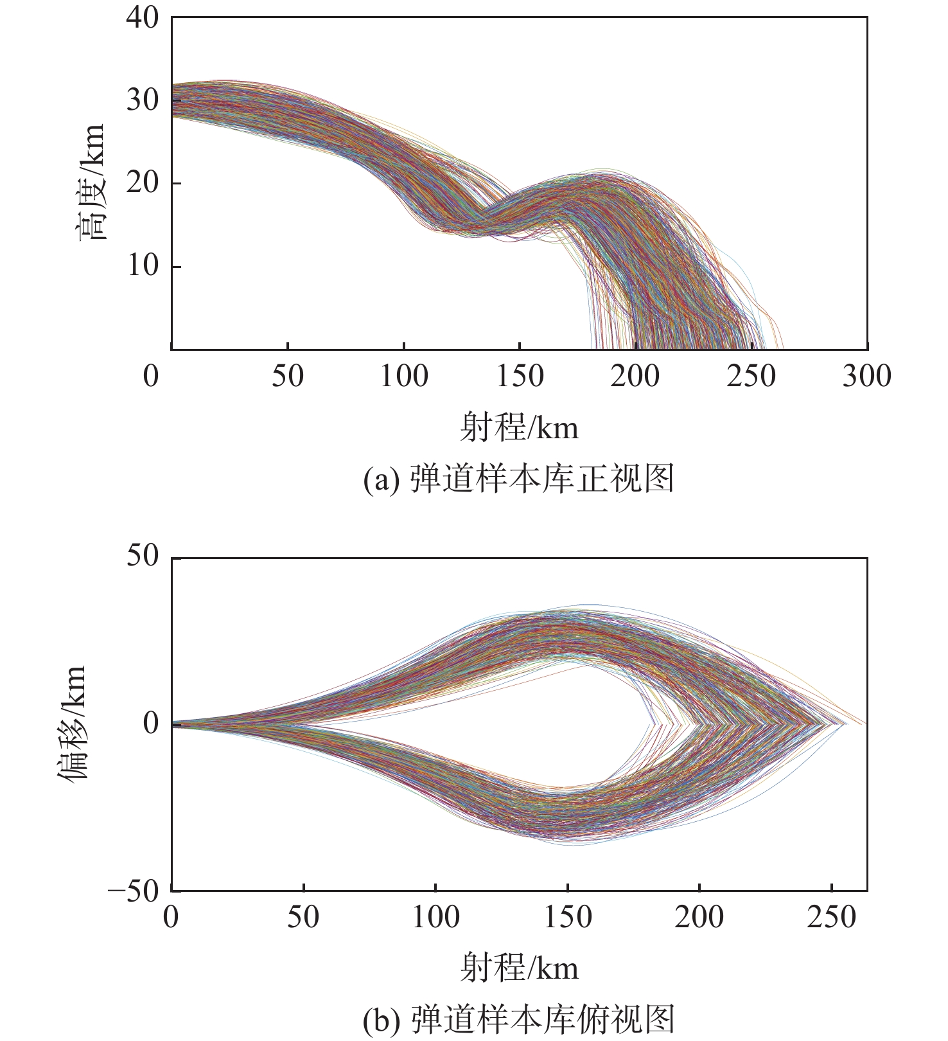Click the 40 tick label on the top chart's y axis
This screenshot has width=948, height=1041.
point(142,18)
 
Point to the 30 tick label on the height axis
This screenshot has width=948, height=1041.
point(142,100)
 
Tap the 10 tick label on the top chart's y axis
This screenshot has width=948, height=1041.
point(142,265)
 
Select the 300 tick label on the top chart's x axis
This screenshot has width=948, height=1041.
point(866,377)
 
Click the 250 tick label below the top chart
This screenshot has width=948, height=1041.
point(751,377)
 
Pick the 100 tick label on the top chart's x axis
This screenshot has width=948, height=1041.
point(403,377)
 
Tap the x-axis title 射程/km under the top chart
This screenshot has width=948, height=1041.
point(519,427)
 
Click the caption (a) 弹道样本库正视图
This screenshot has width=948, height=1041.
point(519,479)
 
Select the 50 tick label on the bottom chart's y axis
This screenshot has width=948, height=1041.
point(142,556)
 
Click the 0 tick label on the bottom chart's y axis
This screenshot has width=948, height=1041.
point(150,724)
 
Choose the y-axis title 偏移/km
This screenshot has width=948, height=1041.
point(72,724)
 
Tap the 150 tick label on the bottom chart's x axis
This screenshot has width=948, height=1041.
point(568,918)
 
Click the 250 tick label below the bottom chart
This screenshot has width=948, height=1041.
point(832,918)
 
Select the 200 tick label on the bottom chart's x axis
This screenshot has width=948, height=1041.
point(699,918)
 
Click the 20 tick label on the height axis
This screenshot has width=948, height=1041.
point(142,183)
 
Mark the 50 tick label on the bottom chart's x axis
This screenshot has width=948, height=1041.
point(303,918)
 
